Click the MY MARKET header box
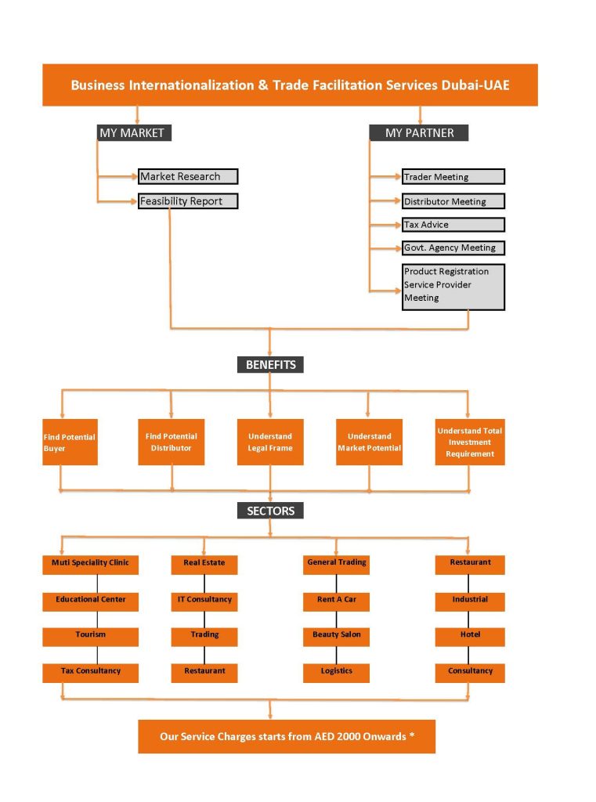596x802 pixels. point(132,133)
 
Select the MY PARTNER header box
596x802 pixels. point(419,133)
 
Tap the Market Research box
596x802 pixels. point(188,177)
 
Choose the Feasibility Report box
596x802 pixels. point(188,201)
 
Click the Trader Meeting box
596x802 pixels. point(453,177)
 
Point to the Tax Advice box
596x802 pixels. point(453,225)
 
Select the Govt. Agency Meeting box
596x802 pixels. point(453,248)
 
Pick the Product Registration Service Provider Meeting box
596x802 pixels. point(453,286)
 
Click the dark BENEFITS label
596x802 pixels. point(270,365)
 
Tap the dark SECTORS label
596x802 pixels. point(270,511)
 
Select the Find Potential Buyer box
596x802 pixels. point(70,443)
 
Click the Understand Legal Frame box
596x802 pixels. point(270,443)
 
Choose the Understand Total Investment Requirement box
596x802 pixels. point(470,443)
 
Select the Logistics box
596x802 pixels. point(337,672)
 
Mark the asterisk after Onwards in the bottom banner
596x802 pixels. point(412,735)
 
